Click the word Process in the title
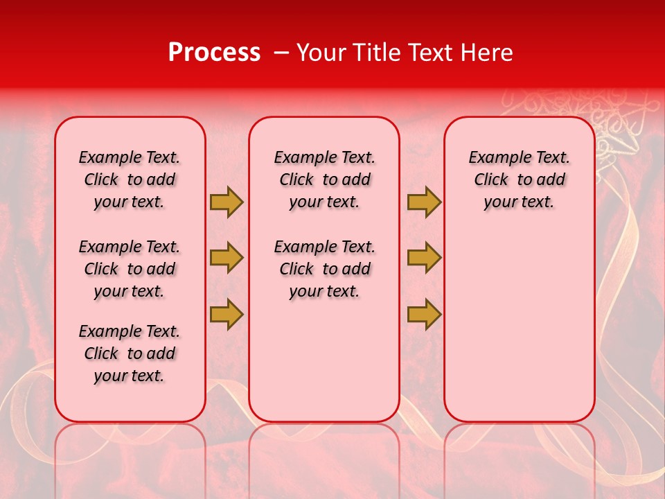pos(214,53)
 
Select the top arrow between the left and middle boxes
pos(227,202)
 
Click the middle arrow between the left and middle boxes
pos(227,258)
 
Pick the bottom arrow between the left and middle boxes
pos(227,314)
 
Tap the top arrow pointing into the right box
pos(424,202)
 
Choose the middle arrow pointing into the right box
pos(424,258)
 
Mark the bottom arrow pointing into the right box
pos(424,314)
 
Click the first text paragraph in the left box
pos(130,180)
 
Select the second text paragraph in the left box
pos(130,269)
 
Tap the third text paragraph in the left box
pos(130,353)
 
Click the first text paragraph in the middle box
pos(324,180)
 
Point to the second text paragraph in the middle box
pos(324,269)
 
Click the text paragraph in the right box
pos(519,180)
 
